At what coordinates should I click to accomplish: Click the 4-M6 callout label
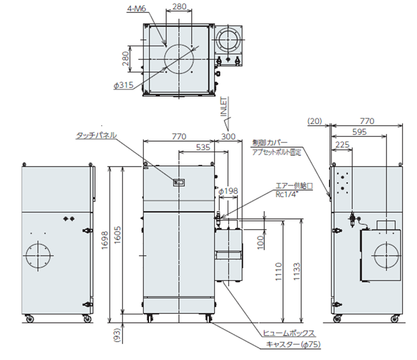click(x=136, y=9)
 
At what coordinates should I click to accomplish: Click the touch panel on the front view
click(x=179, y=182)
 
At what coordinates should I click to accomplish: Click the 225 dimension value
click(x=343, y=145)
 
